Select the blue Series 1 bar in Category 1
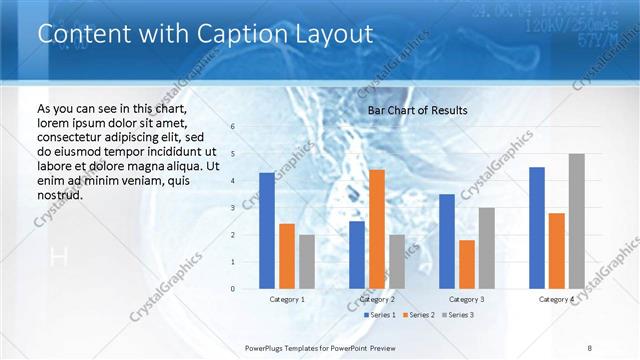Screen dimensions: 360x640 click(x=266, y=231)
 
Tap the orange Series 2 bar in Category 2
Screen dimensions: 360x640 click(x=377, y=229)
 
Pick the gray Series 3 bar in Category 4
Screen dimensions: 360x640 click(x=576, y=221)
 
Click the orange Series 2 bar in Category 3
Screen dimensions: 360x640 click(x=467, y=264)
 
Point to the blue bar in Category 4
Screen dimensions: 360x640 click(x=537, y=228)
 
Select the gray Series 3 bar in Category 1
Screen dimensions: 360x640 click(x=306, y=262)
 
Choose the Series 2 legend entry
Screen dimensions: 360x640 click(x=418, y=315)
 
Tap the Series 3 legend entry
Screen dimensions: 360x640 click(x=458, y=315)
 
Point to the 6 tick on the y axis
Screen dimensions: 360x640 click(x=232, y=127)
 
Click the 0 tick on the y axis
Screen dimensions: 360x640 click(x=232, y=289)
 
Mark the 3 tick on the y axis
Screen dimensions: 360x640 click(x=232, y=208)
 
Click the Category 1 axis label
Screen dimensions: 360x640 click(x=287, y=299)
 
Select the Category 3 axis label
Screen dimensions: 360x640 click(x=467, y=299)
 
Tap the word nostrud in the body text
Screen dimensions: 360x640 click(x=59, y=195)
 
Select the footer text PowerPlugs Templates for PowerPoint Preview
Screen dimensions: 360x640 click(x=321, y=347)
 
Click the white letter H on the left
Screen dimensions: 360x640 click(x=58, y=258)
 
